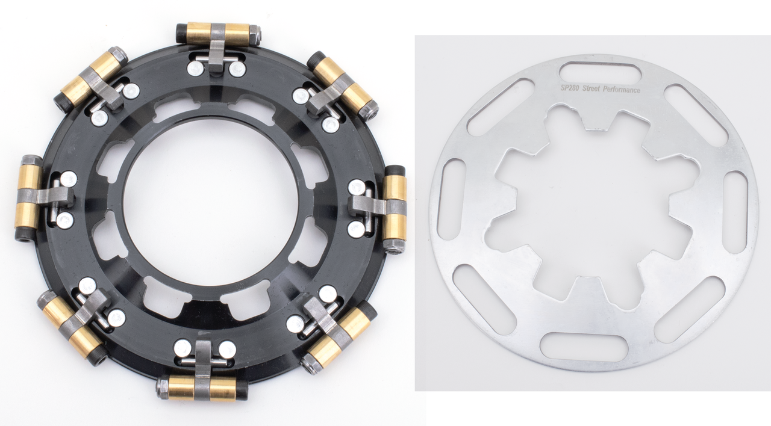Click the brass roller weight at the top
pyautogui.click(x=217, y=34)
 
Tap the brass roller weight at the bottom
pyautogui.click(x=201, y=389)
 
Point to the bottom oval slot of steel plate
pyautogui.click(x=584, y=347)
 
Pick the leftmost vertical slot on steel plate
pyautogui.click(x=451, y=199)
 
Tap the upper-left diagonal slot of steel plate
pyautogui.click(x=500, y=107)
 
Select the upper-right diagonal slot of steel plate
pyautogui.click(x=696, y=114)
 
